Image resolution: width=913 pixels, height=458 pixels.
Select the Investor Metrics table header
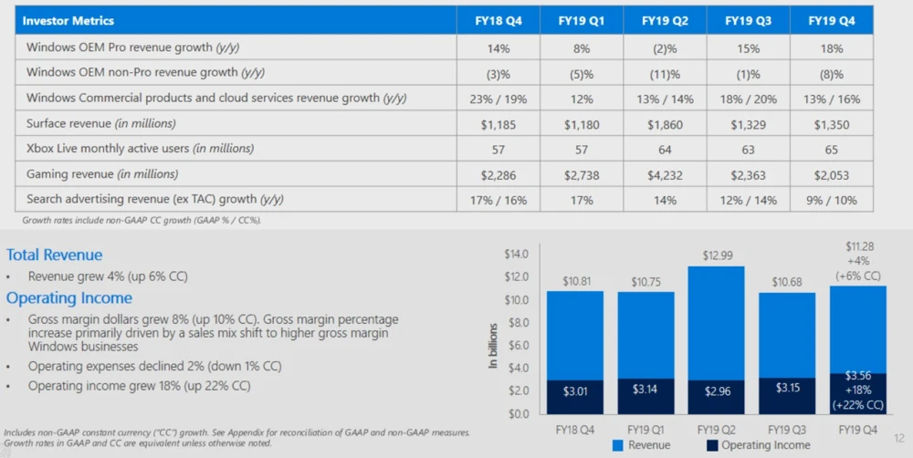tap(68, 20)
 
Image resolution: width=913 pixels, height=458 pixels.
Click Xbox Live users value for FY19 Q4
tap(832, 148)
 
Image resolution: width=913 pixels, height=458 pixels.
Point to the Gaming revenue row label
tap(102, 173)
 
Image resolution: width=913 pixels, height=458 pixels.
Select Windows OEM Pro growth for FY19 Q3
tap(748, 47)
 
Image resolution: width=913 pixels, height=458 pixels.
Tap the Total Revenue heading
tap(54, 255)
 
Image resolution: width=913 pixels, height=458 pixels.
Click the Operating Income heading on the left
tap(69, 298)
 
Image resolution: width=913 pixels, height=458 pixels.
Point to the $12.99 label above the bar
tap(716, 257)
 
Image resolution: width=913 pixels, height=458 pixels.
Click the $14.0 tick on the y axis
tap(517, 255)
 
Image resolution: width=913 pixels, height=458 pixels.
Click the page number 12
tap(899, 437)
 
